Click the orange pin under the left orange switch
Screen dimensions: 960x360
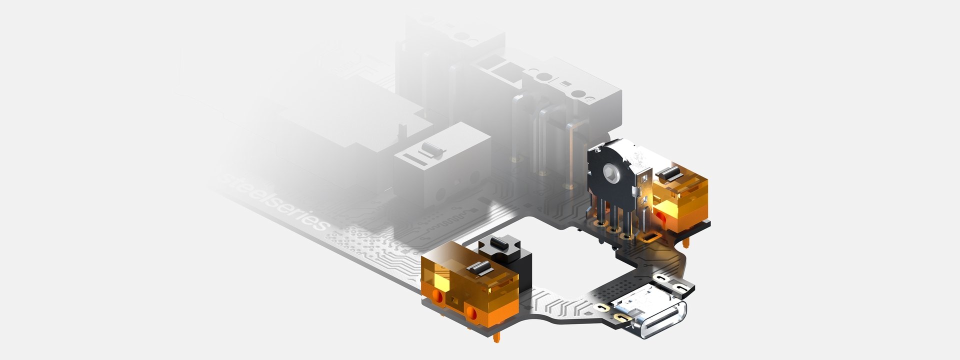[x=495, y=337]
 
